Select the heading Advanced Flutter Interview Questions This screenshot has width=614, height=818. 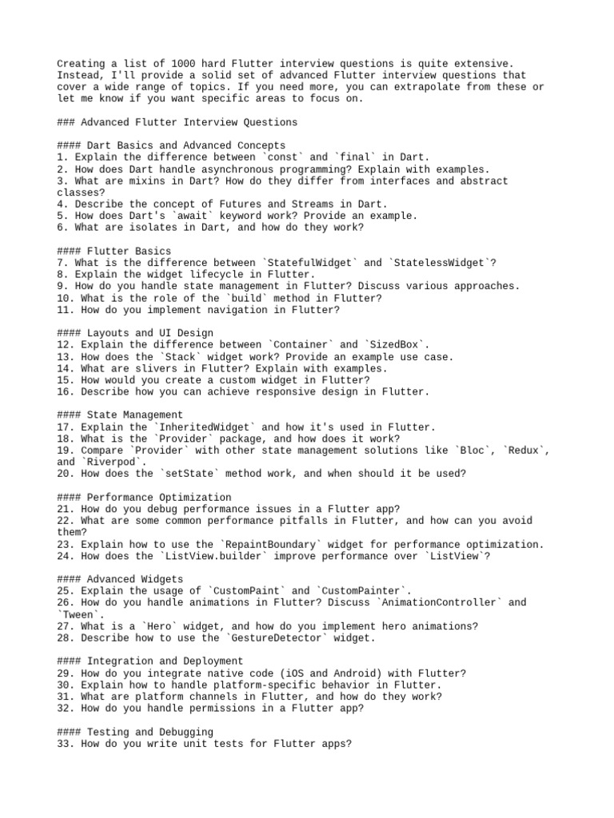tap(189, 122)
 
